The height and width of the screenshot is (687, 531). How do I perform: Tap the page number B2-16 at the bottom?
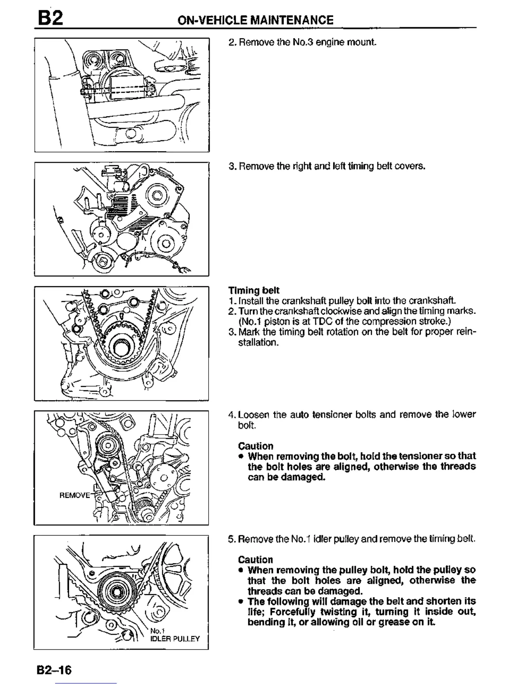coord(54,670)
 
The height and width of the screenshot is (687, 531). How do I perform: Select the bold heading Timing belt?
coord(254,290)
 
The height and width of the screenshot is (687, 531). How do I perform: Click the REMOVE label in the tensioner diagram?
coord(74,495)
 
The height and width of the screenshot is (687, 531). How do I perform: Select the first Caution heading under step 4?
coord(256,446)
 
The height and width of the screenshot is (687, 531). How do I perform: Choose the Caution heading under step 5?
coord(256,559)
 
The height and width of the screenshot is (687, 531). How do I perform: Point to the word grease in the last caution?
coord(403,622)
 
